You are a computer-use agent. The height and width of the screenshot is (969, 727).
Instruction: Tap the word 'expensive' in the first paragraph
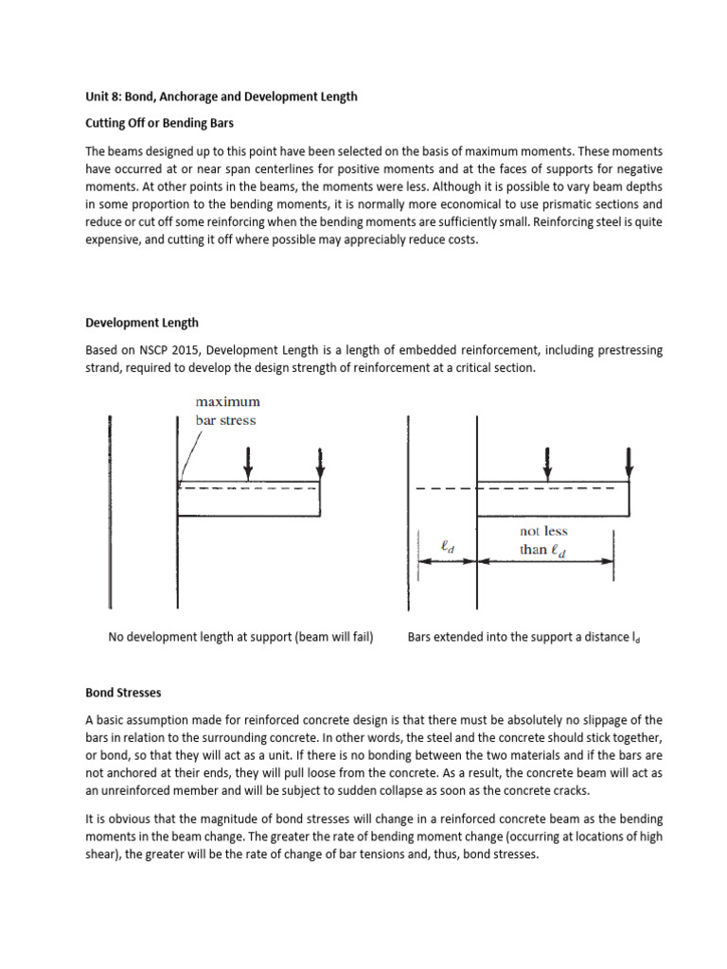coord(113,240)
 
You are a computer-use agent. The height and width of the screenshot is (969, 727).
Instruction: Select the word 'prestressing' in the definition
coord(627,349)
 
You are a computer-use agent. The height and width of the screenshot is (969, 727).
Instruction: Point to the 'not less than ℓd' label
coord(543,541)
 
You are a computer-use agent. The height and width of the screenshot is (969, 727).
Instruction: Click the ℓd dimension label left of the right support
coord(447,546)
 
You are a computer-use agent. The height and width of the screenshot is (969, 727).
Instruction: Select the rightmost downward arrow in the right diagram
coord(629,461)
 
